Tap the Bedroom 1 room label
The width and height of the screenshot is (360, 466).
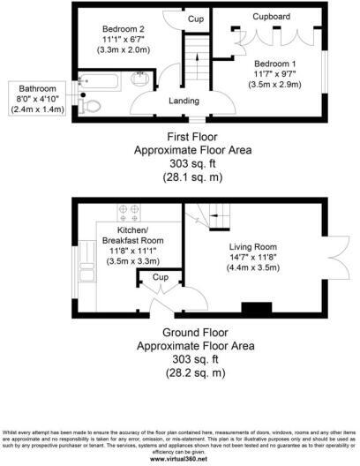(x=275, y=66)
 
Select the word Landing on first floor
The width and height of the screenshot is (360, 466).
(x=184, y=101)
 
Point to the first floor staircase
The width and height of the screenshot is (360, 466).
(x=195, y=61)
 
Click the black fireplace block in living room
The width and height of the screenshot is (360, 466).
(x=255, y=307)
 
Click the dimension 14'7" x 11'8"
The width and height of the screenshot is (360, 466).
(x=253, y=258)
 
